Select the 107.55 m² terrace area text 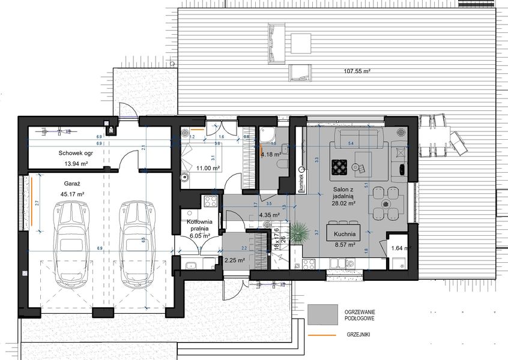click(357, 71)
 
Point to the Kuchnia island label click(342, 234)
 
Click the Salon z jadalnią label click(343, 194)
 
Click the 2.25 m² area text click(234, 260)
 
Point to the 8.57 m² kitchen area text click(342, 245)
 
